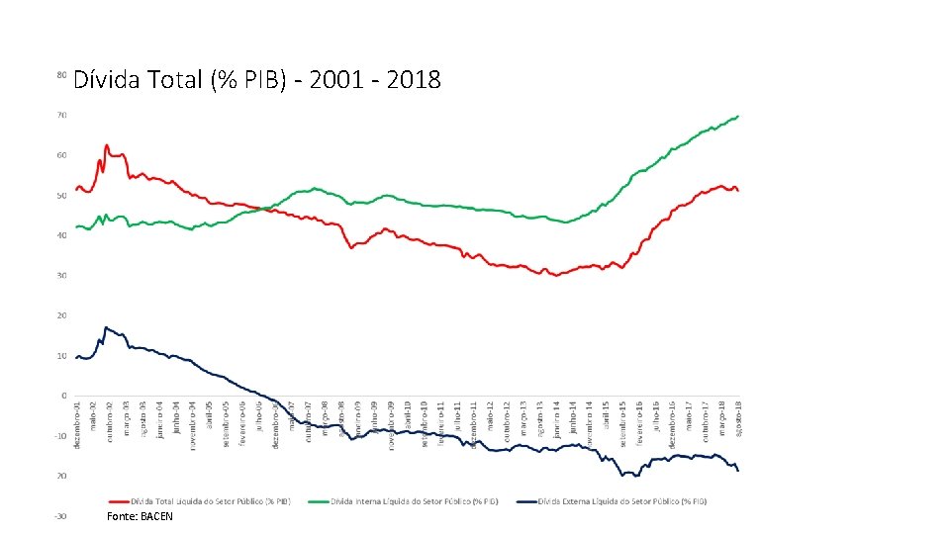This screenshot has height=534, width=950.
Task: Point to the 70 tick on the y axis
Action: coord(61,116)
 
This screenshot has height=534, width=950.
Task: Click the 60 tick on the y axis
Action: coord(61,155)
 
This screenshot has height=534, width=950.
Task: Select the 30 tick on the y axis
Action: coord(61,276)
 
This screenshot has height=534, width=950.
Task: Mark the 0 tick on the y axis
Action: coord(63,396)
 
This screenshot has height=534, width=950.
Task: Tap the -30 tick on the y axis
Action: coord(60,516)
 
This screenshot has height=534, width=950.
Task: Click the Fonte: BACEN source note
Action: coord(140,516)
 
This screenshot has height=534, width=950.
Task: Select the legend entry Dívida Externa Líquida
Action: coord(622,501)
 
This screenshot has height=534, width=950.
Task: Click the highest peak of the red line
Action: coord(106,145)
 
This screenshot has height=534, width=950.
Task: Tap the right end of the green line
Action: coord(737,117)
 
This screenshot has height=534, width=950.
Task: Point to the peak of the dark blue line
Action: coord(106,327)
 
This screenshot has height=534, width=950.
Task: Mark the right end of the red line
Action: coord(737,190)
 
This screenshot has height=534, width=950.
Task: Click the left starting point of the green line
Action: coord(76,227)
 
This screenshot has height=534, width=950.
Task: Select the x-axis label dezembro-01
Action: coord(77,424)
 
